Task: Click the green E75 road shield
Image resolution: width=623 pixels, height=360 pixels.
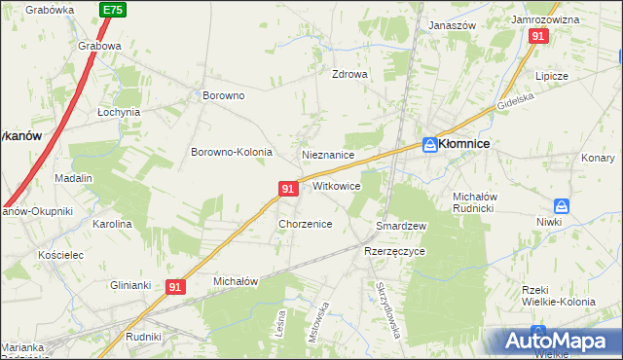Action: click(x=113, y=10)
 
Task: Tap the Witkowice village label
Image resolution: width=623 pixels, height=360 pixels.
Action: click(x=337, y=186)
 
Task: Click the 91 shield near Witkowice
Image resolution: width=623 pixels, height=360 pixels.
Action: click(x=288, y=188)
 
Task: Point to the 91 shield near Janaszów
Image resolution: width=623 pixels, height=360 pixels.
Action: click(x=538, y=35)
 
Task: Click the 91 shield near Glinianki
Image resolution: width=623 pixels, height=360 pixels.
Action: click(x=175, y=287)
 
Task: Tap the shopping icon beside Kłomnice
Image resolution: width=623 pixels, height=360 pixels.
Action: click(x=429, y=143)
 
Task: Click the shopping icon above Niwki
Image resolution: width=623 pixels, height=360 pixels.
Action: click(x=561, y=206)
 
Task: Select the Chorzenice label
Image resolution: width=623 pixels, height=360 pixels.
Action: click(x=306, y=224)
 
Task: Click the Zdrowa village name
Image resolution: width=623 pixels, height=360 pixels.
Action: click(x=349, y=74)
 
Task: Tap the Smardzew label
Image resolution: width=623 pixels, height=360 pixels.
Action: click(x=401, y=226)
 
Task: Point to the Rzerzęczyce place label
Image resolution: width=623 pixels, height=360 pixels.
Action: click(x=394, y=251)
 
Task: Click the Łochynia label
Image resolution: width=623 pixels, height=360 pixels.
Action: click(x=119, y=112)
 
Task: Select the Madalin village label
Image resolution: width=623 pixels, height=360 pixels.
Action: click(x=73, y=178)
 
